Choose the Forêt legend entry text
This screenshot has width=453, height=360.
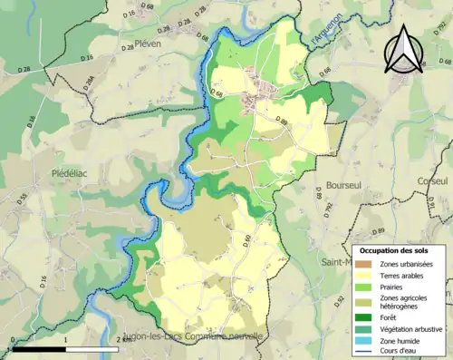tap(391, 316)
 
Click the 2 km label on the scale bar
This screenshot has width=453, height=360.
tap(123, 338)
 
